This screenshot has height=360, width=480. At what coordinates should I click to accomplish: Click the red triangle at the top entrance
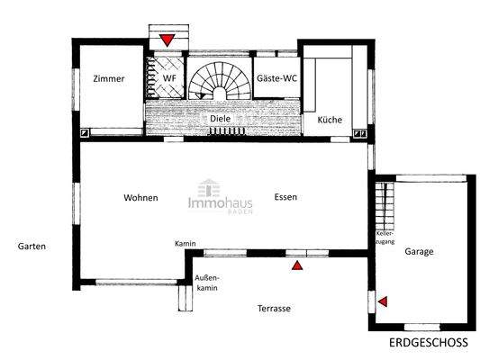(168, 40)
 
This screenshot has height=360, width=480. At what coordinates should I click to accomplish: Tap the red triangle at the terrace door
(297, 265)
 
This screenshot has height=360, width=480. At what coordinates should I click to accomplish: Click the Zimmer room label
(108, 78)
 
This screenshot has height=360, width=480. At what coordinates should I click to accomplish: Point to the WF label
(168, 78)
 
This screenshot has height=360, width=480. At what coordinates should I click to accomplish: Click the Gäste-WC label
(276, 78)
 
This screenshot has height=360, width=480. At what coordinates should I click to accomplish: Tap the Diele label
(221, 118)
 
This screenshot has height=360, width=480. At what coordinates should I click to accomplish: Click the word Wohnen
(141, 197)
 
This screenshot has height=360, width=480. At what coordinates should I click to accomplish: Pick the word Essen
(286, 197)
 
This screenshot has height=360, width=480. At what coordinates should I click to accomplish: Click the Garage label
(419, 252)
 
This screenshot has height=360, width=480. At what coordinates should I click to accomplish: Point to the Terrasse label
(273, 308)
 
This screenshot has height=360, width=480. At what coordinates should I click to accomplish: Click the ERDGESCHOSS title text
(429, 344)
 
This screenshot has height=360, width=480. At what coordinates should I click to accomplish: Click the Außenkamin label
(207, 283)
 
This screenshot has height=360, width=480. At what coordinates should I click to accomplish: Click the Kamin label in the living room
(186, 244)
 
